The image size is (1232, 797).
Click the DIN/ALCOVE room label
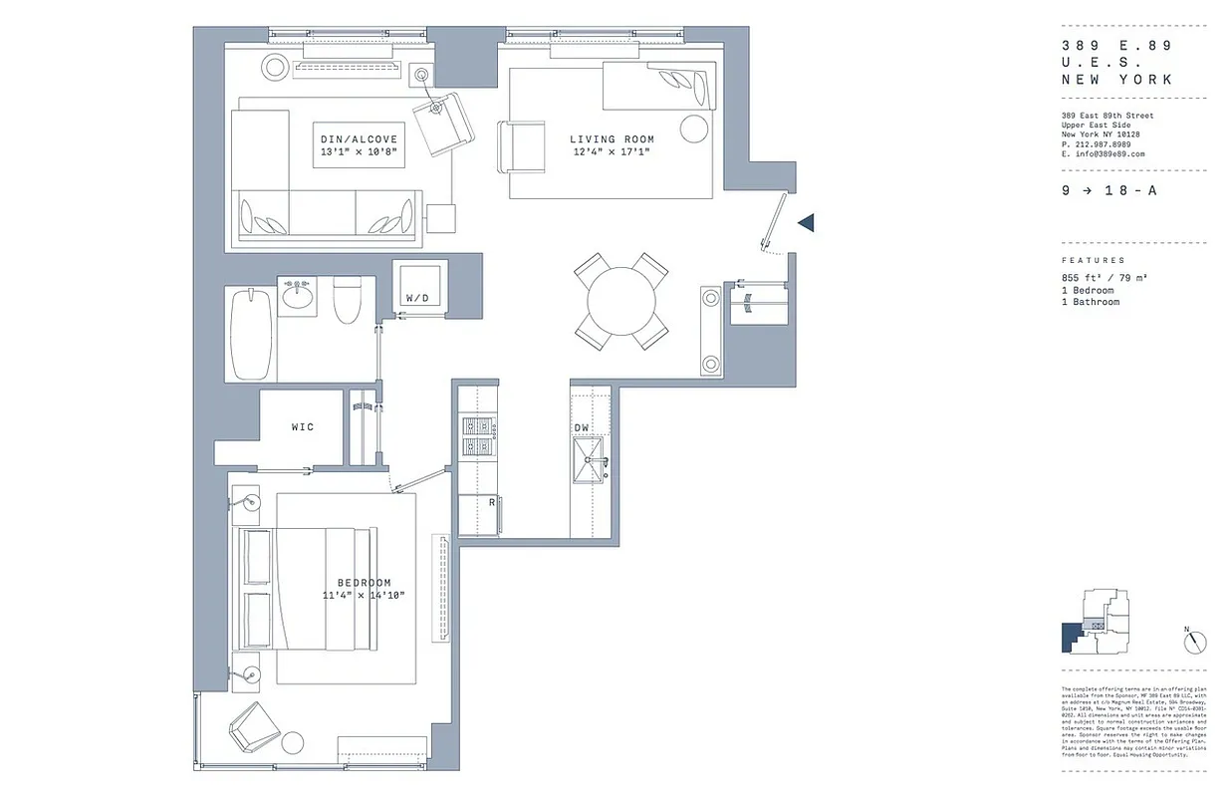tap(359, 139)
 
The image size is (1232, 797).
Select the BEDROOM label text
tap(364, 583)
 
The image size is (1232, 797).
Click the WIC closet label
tap(303, 427)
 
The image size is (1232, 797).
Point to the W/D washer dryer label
tap(416, 298)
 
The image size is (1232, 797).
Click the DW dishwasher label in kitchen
tap(582, 428)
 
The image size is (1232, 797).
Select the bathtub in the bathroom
tap(250, 334)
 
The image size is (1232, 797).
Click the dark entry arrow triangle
tap(807, 222)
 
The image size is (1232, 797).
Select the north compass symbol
tap(1195, 643)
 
